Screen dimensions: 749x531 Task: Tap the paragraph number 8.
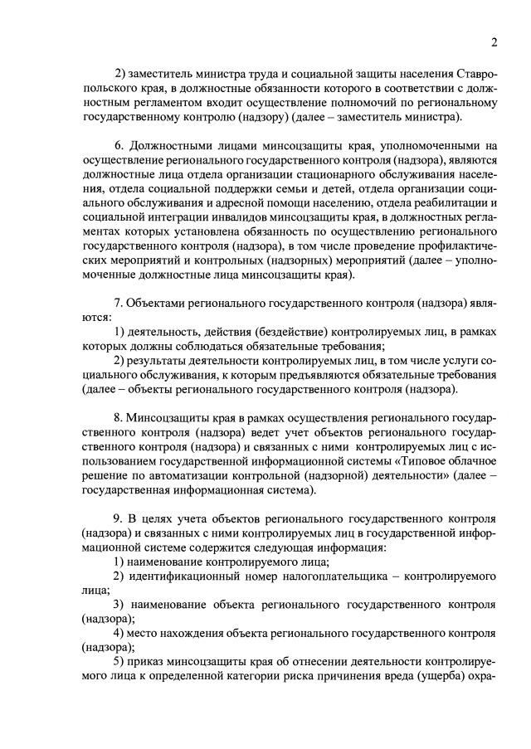(x=118, y=416)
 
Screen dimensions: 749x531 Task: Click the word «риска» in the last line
(x=290, y=678)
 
